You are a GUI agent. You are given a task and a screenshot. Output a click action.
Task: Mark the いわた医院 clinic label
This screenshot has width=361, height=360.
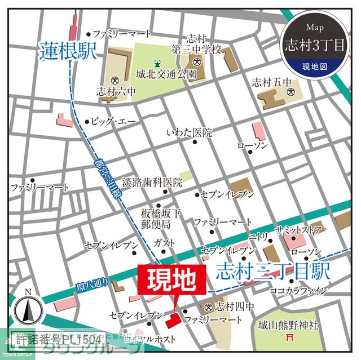coord(189,133)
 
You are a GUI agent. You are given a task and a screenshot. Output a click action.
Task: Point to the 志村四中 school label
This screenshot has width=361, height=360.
coord(233,306)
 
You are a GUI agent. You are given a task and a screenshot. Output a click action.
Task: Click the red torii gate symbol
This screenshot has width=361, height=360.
coord(292,339)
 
